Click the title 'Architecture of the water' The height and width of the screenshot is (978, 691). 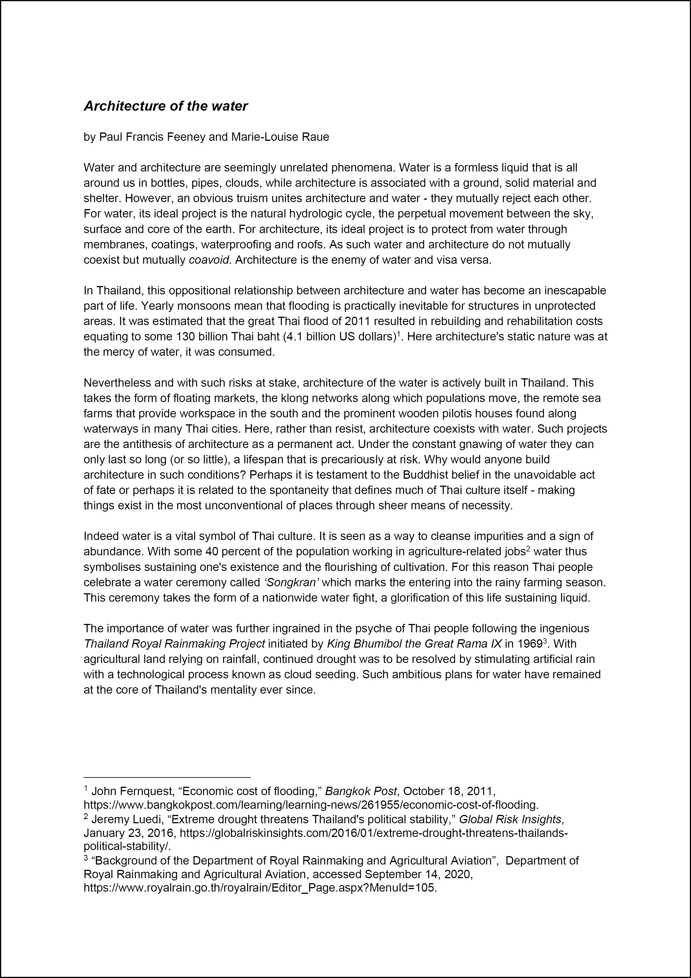(166, 106)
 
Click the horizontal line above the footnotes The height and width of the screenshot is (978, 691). (167, 777)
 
